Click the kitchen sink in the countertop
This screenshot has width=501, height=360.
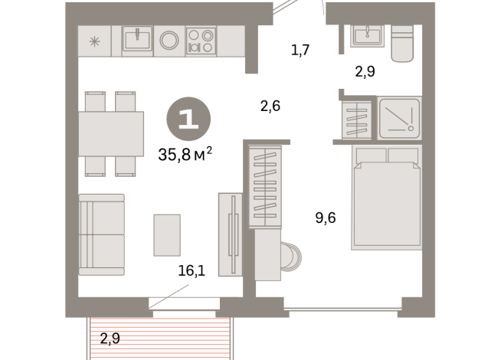(137, 38)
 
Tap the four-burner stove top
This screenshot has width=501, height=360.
(201, 40)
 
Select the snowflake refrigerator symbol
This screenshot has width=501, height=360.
(94, 41)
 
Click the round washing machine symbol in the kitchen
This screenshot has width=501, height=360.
(169, 41)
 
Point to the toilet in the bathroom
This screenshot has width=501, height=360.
(402, 44)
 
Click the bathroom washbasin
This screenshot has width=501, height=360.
(367, 36)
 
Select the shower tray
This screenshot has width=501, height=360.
(399, 118)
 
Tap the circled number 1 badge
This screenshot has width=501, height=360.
(188, 119)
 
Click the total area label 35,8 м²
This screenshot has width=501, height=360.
(185, 154)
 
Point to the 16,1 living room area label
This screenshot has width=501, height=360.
(192, 270)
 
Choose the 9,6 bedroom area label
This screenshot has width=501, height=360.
(326, 218)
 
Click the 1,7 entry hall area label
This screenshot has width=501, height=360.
(300, 50)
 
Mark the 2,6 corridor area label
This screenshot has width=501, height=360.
(270, 106)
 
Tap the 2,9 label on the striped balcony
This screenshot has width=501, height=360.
(110, 339)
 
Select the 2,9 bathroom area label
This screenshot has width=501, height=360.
(365, 71)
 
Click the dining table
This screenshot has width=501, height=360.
(111, 134)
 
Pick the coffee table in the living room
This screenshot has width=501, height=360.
(167, 235)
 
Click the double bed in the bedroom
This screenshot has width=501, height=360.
(387, 198)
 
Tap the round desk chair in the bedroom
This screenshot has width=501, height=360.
(291, 256)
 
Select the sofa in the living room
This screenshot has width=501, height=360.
(102, 235)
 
